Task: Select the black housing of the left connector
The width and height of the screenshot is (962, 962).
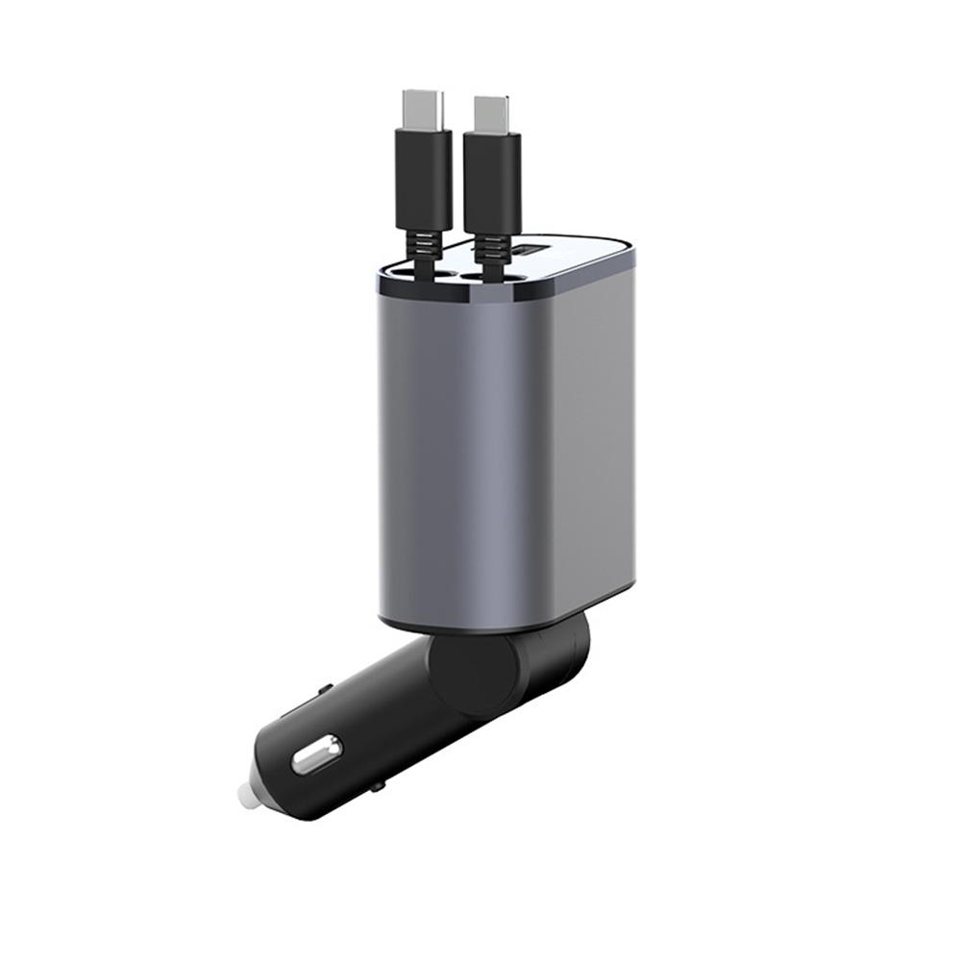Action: click(x=423, y=178)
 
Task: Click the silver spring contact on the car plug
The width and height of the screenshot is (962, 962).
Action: click(x=316, y=753)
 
